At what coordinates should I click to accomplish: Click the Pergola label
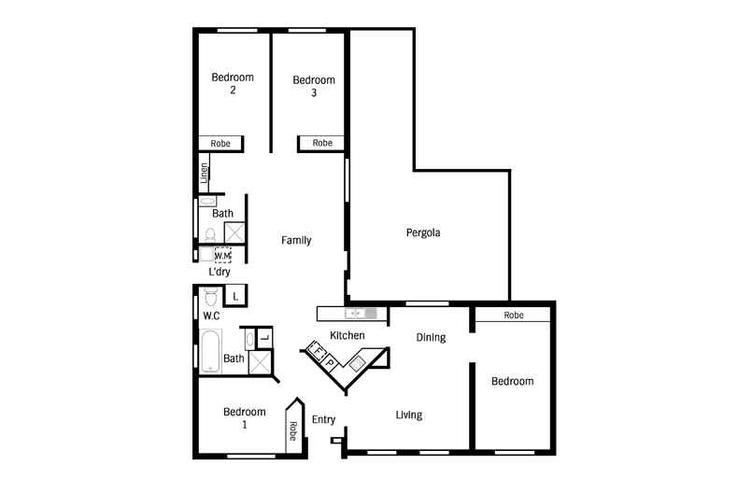pyautogui.click(x=422, y=232)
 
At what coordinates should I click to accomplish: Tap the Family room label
pyautogui.click(x=296, y=240)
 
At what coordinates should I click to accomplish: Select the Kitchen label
pyautogui.click(x=347, y=335)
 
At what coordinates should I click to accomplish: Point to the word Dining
pyautogui.click(x=431, y=337)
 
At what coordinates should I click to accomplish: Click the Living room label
pyautogui.click(x=408, y=415)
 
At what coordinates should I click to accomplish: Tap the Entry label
pyautogui.click(x=323, y=419)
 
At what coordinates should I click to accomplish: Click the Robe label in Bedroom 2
pyautogui.click(x=220, y=144)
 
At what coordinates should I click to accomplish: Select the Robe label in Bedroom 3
pyautogui.click(x=321, y=143)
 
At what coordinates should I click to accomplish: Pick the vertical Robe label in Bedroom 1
pyautogui.click(x=293, y=430)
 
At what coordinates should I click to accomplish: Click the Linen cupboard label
pyautogui.click(x=203, y=173)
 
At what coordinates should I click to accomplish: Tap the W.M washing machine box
pyautogui.click(x=222, y=255)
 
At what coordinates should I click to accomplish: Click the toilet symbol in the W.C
pyautogui.click(x=210, y=297)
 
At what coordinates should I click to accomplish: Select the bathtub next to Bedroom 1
pyautogui.click(x=210, y=351)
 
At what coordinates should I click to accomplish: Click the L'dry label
pyautogui.click(x=220, y=273)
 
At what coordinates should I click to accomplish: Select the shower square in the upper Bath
pyautogui.click(x=234, y=232)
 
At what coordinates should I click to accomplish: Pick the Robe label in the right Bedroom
pyautogui.click(x=513, y=316)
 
